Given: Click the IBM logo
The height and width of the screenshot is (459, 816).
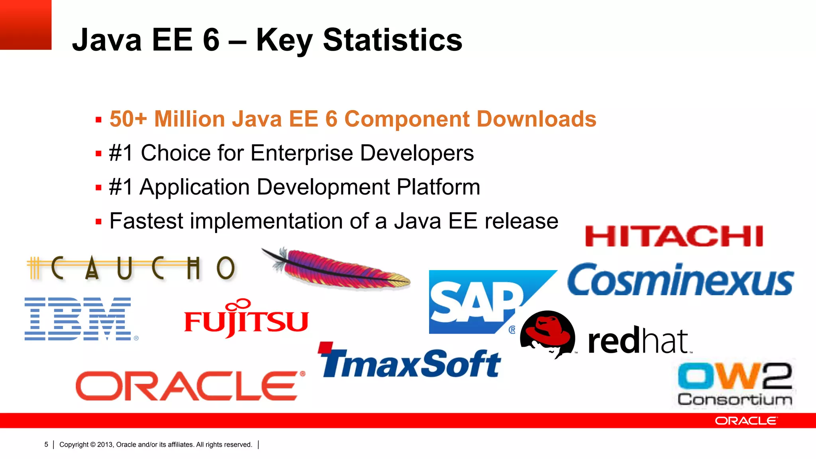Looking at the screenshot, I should (x=78, y=319).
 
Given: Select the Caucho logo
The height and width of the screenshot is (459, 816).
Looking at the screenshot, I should (x=131, y=268).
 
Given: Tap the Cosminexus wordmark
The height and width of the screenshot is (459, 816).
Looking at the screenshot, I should (x=681, y=280).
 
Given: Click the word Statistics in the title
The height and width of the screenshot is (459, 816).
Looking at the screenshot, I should (x=392, y=40).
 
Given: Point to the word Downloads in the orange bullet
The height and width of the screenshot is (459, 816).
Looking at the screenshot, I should (x=536, y=119).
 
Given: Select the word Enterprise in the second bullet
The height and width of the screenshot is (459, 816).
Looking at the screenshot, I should (x=302, y=153).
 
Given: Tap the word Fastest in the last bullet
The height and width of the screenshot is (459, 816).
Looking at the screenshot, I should (x=146, y=221).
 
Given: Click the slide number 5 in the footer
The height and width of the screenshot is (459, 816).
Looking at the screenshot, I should (x=46, y=445).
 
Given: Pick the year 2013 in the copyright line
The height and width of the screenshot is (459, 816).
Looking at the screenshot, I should (x=105, y=445).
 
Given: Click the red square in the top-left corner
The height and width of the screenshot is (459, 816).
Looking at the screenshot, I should (x=25, y=25).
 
